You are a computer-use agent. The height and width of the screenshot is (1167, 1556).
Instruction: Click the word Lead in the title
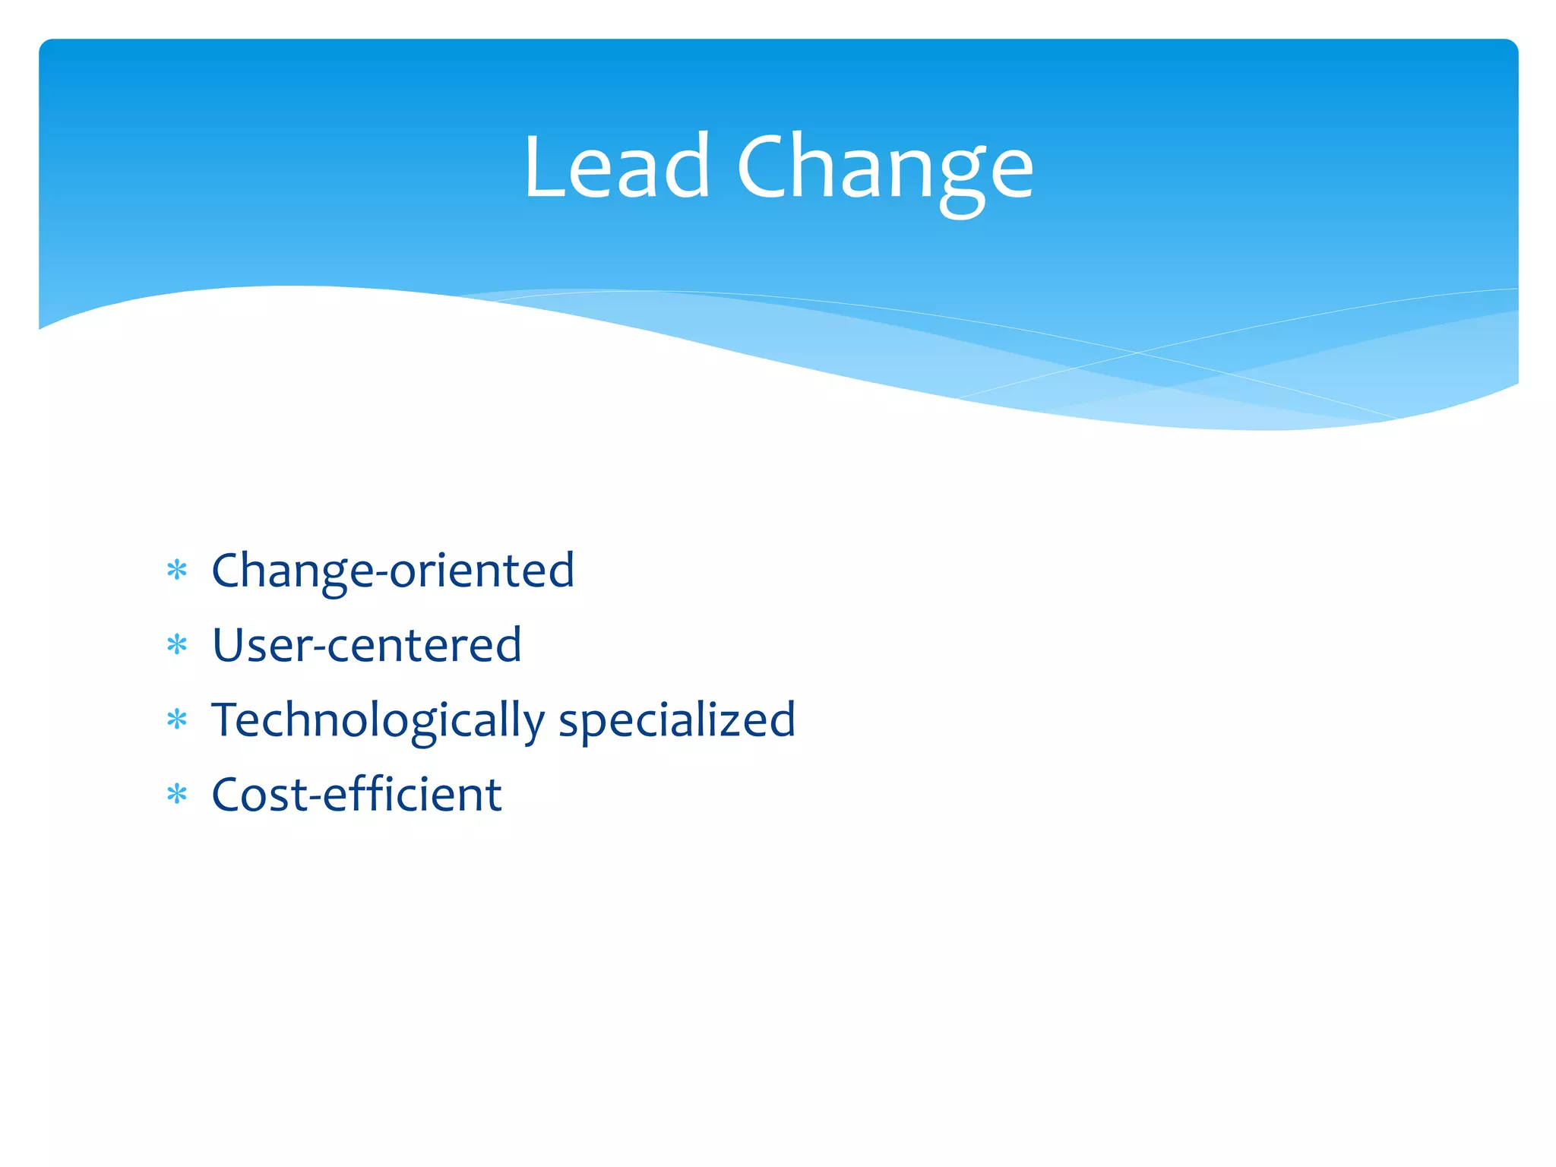(616, 167)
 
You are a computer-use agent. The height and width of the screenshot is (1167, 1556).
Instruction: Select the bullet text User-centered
(366, 645)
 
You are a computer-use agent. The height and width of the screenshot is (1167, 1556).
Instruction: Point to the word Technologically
(378, 720)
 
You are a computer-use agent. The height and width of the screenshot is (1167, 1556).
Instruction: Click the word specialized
(677, 720)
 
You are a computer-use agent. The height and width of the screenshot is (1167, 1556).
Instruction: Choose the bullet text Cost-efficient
(356, 795)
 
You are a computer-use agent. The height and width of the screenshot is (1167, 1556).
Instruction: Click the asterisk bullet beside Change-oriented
(177, 570)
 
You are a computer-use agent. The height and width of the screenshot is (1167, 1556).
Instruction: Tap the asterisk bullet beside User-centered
(177, 645)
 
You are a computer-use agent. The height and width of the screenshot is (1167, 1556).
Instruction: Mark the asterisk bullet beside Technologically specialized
(177, 719)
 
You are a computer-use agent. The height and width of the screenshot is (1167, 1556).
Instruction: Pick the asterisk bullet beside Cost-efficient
(177, 795)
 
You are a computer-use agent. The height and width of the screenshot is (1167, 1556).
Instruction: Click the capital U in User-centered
(229, 645)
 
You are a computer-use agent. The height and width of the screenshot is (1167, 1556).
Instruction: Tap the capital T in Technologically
(226, 719)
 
